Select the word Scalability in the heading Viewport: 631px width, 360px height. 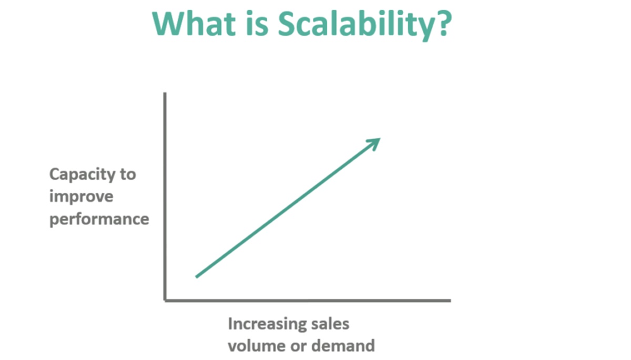click(x=356, y=26)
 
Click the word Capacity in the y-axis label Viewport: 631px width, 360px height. click(x=82, y=175)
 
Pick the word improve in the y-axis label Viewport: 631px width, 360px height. click(x=82, y=197)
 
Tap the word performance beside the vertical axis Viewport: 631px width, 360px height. click(x=99, y=219)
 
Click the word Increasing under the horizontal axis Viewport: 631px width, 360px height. click(x=267, y=325)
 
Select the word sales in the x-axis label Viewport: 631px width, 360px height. click(x=330, y=324)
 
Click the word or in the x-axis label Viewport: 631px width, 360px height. click(x=299, y=347)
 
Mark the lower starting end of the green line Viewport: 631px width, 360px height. click(x=196, y=277)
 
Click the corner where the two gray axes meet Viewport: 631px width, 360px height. click(x=165, y=301)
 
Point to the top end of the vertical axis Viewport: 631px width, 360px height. click(x=165, y=92)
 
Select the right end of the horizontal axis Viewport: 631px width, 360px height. click(x=451, y=301)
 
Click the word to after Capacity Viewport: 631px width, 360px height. click(x=128, y=174)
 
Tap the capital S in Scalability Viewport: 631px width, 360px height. click(x=287, y=24)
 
